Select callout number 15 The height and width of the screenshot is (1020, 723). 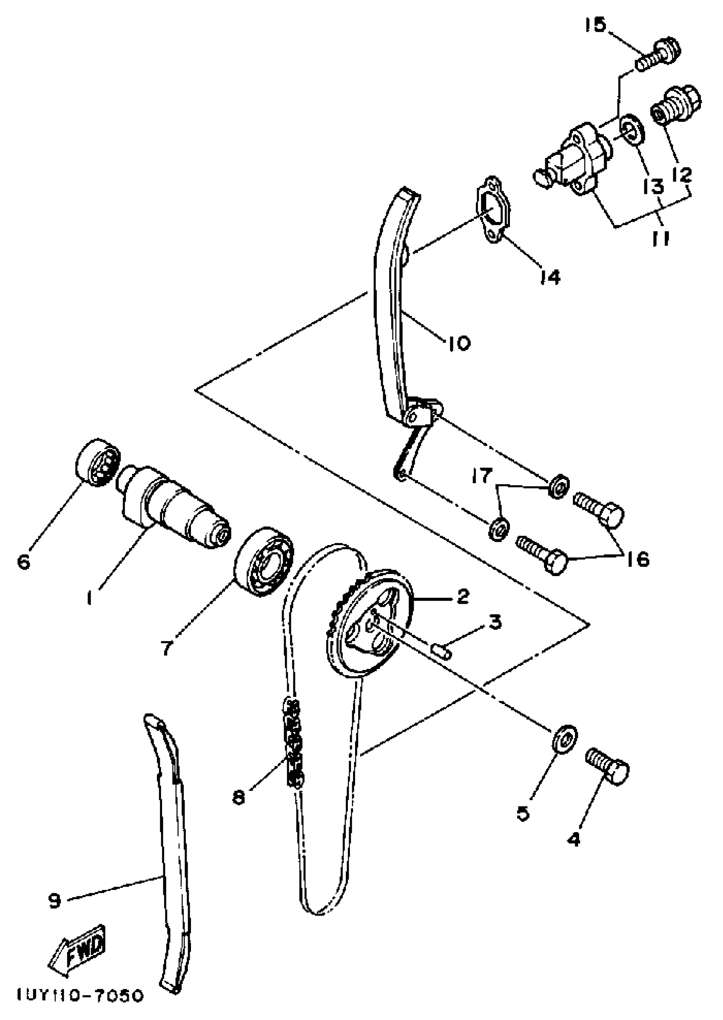595,26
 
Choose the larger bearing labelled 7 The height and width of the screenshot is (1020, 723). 264,562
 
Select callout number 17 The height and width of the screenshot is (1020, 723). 482,476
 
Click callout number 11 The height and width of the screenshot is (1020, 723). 660,239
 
